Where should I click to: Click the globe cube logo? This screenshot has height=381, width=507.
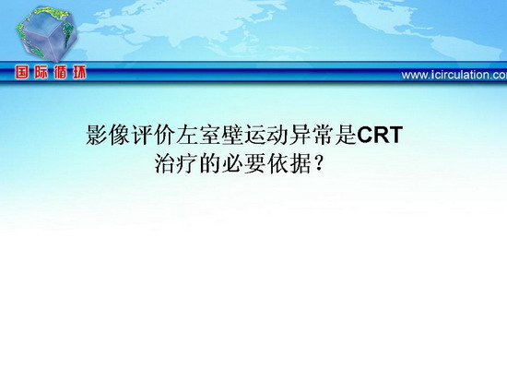[x=47, y=34]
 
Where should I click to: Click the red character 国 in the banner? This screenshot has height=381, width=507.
[x=21, y=73]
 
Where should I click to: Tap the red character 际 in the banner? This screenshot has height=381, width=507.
[x=41, y=73]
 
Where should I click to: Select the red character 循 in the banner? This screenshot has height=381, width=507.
[x=60, y=73]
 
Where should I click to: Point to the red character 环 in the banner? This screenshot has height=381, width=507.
[x=79, y=73]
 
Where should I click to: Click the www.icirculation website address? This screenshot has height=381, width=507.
[x=454, y=75]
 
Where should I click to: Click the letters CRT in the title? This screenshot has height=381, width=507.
[x=380, y=135]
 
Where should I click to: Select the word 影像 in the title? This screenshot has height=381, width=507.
[x=109, y=135]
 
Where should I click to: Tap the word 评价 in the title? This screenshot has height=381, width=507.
[x=154, y=135]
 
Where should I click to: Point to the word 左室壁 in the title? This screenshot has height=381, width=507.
[x=210, y=135]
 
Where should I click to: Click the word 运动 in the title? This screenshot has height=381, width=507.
[x=266, y=135]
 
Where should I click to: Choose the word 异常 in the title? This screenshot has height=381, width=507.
[x=312, y=135]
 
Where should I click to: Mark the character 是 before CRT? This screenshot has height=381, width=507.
[x=346, y=135]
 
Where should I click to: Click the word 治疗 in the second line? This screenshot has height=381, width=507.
[x=177, y=164]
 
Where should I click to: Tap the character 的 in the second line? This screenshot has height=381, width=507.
[x=210, y=164]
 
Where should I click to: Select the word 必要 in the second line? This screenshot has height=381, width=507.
[x=244, y=164]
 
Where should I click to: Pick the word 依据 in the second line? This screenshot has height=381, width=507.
[x=289, y=164]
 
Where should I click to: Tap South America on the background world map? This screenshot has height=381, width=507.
[x=466, y=49]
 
